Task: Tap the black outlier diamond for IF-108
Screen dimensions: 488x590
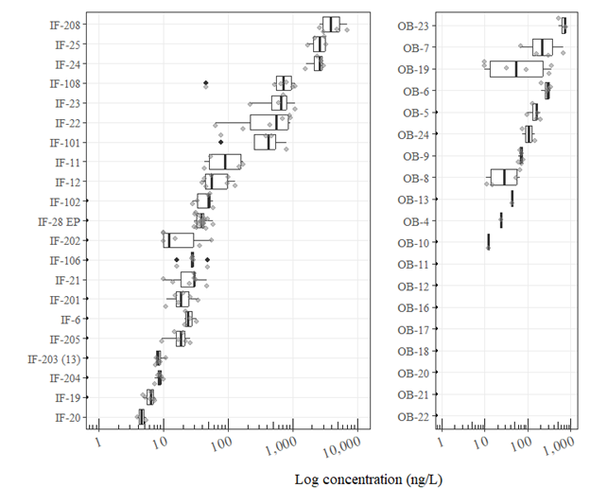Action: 206,84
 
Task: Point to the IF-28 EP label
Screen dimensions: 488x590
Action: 60,221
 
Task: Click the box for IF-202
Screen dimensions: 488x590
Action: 179,240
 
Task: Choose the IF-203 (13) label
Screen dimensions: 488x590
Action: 55,358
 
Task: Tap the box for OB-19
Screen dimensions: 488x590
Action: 516,68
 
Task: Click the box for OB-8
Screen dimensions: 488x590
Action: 504,177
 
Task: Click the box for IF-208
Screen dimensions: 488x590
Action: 331,25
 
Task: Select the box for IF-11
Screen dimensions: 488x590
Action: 225,162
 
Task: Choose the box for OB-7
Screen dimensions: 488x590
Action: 543,47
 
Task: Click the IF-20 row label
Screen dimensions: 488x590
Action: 67,417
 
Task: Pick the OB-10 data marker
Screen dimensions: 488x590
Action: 488,242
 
